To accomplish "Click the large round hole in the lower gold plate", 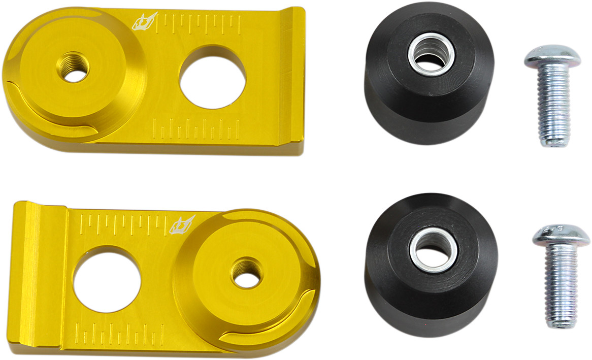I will [107, 279].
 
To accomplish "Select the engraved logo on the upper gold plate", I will [146, 22].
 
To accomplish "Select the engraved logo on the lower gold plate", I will [183, 223].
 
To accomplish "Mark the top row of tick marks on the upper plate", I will [200, 23].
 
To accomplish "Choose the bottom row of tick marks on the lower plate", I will [114, 335].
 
